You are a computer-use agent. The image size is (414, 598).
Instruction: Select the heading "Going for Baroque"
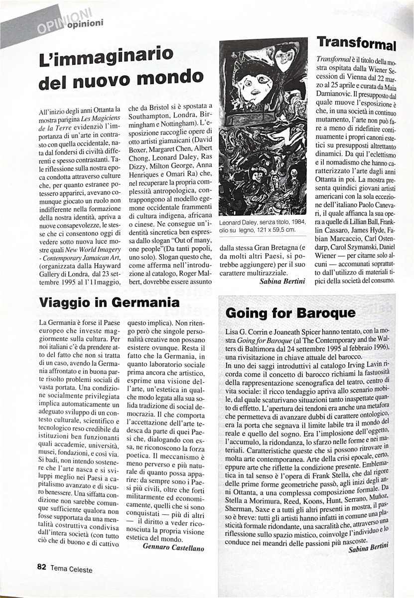(290, 312)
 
